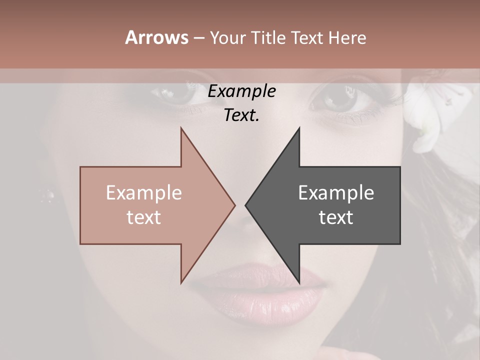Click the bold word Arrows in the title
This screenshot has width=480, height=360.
[156, 37]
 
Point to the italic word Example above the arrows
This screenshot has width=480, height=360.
[242, 91]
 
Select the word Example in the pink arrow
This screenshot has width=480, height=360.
[144, 193]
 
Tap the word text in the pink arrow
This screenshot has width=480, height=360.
[144, 217]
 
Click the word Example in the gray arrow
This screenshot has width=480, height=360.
[336, 193]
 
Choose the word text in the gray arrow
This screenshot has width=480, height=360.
[336, 217]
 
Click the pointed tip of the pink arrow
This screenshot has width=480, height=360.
[234, 205]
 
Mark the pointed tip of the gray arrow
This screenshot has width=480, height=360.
[246, 205]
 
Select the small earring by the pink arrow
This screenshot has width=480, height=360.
[48, 194]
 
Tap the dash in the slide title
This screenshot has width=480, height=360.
[198, 38]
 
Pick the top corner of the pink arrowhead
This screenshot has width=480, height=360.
[181, 128]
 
